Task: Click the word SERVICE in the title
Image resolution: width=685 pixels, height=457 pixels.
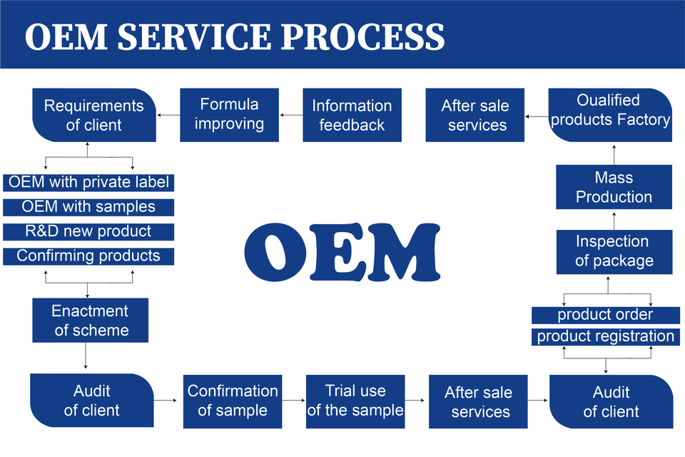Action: [x=194, y=36]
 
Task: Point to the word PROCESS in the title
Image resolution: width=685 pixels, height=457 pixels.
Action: [x=362, y=36]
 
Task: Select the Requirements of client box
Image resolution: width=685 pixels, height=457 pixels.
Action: [x=94, y=115]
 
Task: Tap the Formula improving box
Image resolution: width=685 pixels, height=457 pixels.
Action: [x=229, y=115]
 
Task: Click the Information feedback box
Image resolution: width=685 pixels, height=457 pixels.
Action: [x=352, y=115]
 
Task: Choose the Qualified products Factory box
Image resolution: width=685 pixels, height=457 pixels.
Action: [x=610, y=115]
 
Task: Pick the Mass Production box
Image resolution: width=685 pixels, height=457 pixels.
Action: [x=614, y=187]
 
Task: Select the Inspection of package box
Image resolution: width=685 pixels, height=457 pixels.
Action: [x=614, y=252]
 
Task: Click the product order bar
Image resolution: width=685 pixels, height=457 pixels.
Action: [x=606, y=315]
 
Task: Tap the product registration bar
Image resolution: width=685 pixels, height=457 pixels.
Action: [x=606, y=337]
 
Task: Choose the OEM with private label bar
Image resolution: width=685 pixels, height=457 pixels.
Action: [x=88, y=182]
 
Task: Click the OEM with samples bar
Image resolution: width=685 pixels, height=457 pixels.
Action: [x=88, y=207]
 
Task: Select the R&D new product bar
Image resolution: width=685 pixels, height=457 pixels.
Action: [x=88, y=232]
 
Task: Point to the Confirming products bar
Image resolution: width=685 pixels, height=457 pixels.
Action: [x=88, y=256]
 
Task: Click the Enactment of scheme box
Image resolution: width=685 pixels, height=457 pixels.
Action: [x=91, y=320]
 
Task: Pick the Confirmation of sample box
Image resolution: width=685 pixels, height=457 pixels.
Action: [x=233, y=401]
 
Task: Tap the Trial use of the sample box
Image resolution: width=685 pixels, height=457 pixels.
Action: [x=355, y=401]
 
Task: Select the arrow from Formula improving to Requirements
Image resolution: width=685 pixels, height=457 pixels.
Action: [x=168, y=115]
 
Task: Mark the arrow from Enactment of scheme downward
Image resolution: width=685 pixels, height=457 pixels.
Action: [x=85, y=356]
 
